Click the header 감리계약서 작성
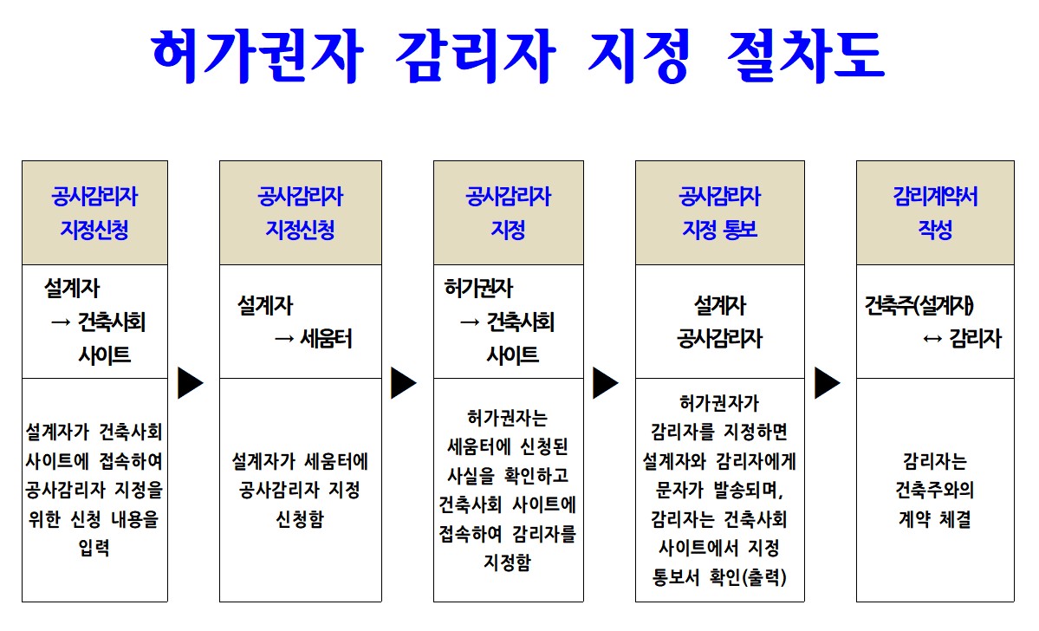coord(935,212)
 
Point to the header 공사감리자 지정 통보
coord(719,212)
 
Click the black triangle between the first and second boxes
coord(190,382)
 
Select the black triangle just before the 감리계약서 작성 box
coord(827,382)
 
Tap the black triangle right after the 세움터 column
coord(404,382)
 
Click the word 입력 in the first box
coord(94,548)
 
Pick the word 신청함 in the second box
coord(300,519)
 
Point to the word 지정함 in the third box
coord(508,563)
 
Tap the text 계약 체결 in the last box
coord(935,519)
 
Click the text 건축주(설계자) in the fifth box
coord(919,306)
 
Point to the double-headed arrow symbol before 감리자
coord(932,340)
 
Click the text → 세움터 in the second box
coord(313,340)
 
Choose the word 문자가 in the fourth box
coord(679,490)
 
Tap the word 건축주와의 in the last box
coord(935,490)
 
